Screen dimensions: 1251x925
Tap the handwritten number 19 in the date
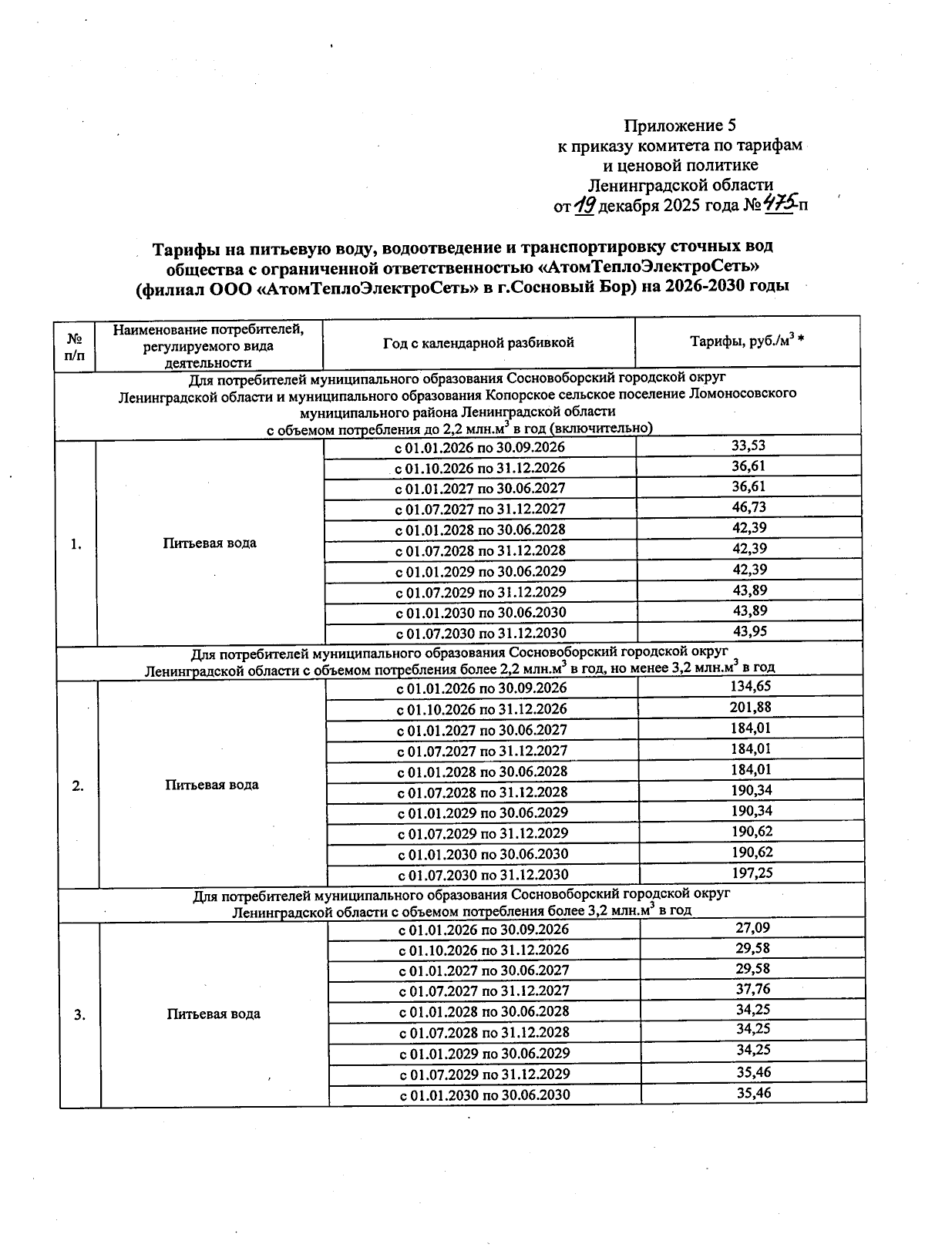point(585,205)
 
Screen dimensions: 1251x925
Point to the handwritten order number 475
point(779,205)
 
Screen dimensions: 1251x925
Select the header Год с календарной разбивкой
point(479,343)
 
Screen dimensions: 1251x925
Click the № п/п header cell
point(75,346)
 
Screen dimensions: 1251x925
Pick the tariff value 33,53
point(748,446)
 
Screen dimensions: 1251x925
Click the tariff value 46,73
point(748,508)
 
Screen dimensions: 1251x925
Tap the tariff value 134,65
point(750,687)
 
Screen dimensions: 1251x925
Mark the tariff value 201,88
point(750,708)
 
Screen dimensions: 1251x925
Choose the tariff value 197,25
point(752,873)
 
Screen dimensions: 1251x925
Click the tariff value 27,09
point(752,928)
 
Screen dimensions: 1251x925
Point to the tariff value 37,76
point(753,990)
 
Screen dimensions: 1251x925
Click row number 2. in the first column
point(78,786)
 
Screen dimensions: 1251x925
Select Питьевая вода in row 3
point(214,1014)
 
